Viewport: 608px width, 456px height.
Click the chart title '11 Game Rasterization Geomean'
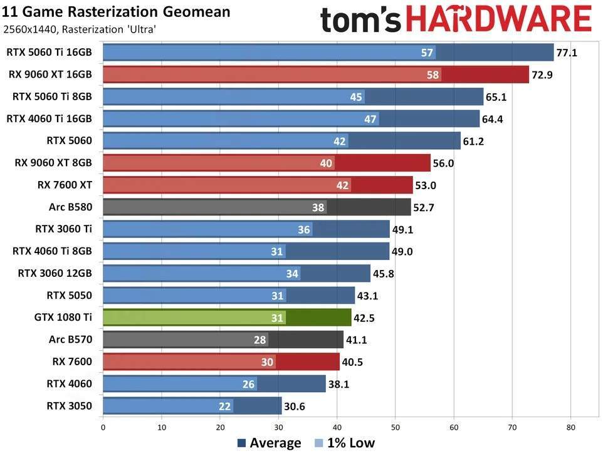click(x=117, y=11)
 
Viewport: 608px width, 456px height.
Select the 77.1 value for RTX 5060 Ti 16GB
click(x=567, y=53)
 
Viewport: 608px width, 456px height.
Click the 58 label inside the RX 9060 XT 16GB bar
click(x=432, y=75)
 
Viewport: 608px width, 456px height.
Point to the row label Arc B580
click(x=70, y=206)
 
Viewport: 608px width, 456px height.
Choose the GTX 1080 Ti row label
click(x=63, y=318)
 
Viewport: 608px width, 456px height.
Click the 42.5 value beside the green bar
click(x=364, y=318)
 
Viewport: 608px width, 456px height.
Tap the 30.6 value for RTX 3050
click(x=294, y=406)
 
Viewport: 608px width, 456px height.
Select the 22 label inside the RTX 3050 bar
click(x=225, y=406)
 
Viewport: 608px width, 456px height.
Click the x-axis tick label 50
click(x=395, y=429)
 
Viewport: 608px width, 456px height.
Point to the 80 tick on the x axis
click(x=570, y=429)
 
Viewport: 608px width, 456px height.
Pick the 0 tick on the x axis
click(x=103, y=429)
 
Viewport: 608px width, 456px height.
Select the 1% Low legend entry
click(x=345, y=443)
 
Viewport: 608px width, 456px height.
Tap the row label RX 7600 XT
click(x=65, y=184)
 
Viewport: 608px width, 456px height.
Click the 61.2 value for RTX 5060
click(x=473, y=142)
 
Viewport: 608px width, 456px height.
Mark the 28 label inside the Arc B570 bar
click(x=260, y=340)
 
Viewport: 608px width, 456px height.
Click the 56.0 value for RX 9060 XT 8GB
click(x=444, y=163)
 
